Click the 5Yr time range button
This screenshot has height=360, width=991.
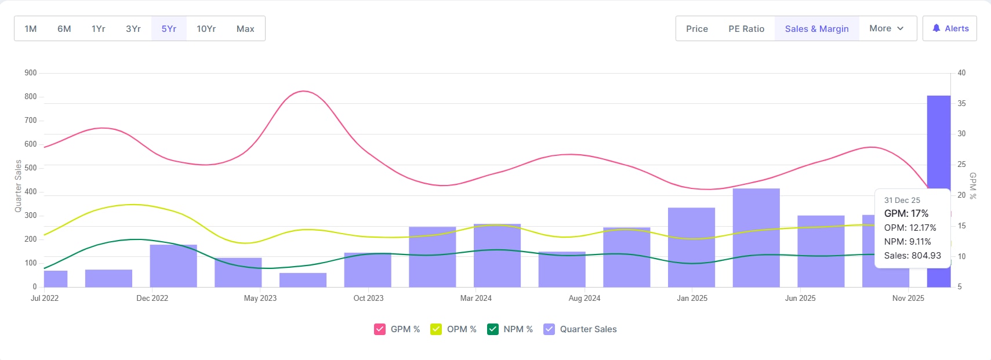(x=169, y=28)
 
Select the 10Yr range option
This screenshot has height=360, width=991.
(x=206, y=28)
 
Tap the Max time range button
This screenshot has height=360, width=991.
(x=245, y=28)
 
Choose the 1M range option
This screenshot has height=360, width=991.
(x=31, y=28)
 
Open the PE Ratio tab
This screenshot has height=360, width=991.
(x=746, y=28)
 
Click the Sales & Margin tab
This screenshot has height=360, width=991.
(x=816, y=28)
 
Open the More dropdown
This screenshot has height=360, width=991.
(x=886, y=28)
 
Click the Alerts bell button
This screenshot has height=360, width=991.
(x=950, y=28)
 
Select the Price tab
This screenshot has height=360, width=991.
(x=697, y=28)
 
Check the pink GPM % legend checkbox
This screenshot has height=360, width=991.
(x=380, y=329)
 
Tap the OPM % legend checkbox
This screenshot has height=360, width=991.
(x=436, y=329)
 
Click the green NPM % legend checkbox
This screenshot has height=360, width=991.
(x=493, y=329)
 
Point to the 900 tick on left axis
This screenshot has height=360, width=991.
(x=31, y=73)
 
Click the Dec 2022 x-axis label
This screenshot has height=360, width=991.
(x=152, y=298)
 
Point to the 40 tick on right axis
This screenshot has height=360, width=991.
(x=961, y=73)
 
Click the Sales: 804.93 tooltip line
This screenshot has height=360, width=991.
(x=912, y=256)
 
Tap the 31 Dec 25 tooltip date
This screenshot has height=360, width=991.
(x=902, y=200)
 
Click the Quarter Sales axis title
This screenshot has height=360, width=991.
(x=18, y=186)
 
